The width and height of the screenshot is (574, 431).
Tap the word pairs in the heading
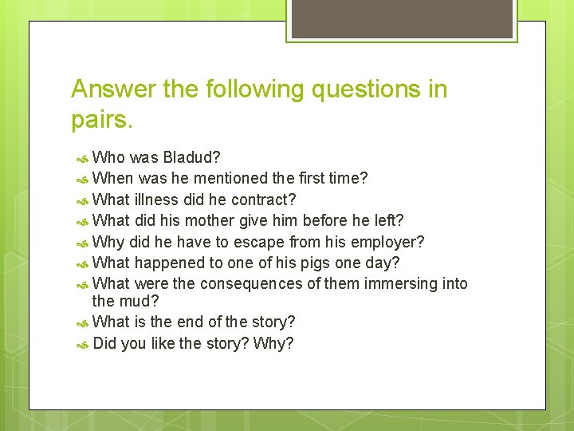pyautogui.click(x=101, y=121)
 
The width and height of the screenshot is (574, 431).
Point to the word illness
pyautogui.click(x=157, y=199)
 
